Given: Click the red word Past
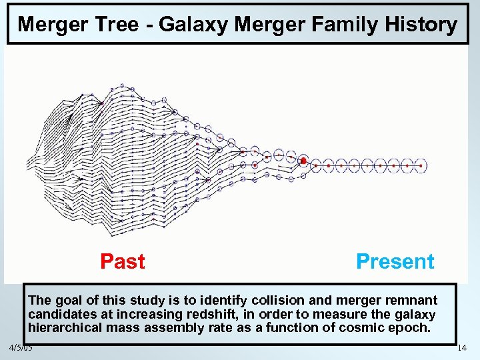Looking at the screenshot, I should pos(122,261).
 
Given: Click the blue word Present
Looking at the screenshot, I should pos(395,261).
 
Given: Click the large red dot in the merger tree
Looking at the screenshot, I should pos(303,161).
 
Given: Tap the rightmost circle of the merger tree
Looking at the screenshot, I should pos(421,165).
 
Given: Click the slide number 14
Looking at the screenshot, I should pos(461,348).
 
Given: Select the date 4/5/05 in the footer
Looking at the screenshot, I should pos(21,348).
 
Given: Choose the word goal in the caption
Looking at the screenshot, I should pos(65,301).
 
